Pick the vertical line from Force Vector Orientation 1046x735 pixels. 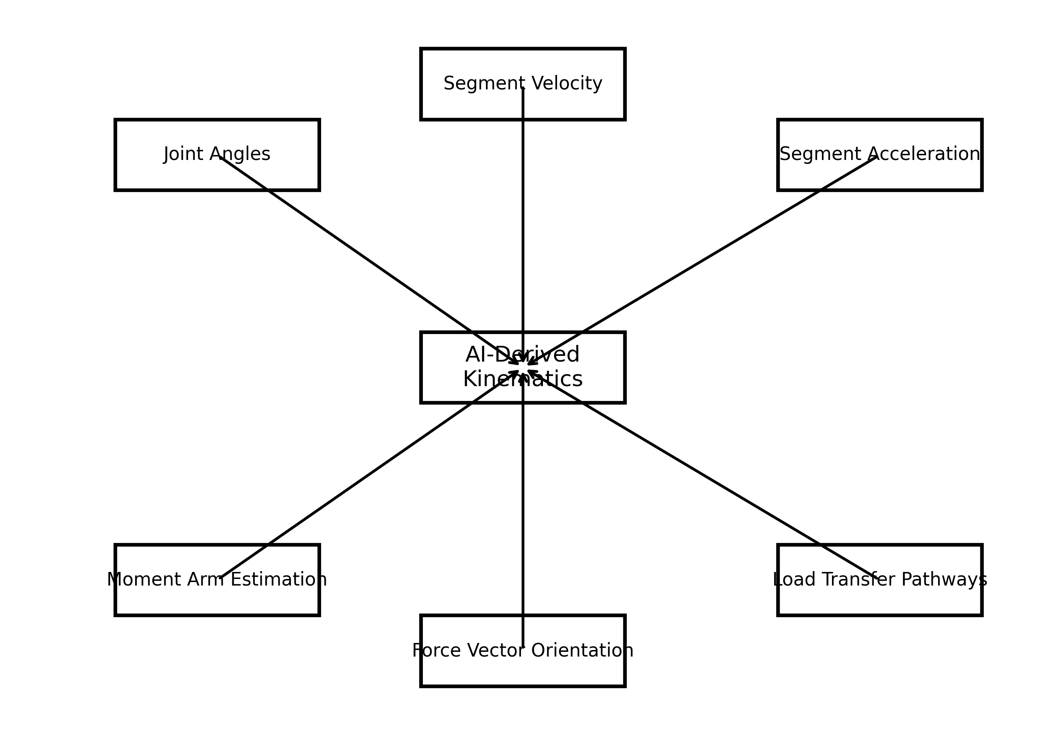pyautogui.click(x=523, y=501)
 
